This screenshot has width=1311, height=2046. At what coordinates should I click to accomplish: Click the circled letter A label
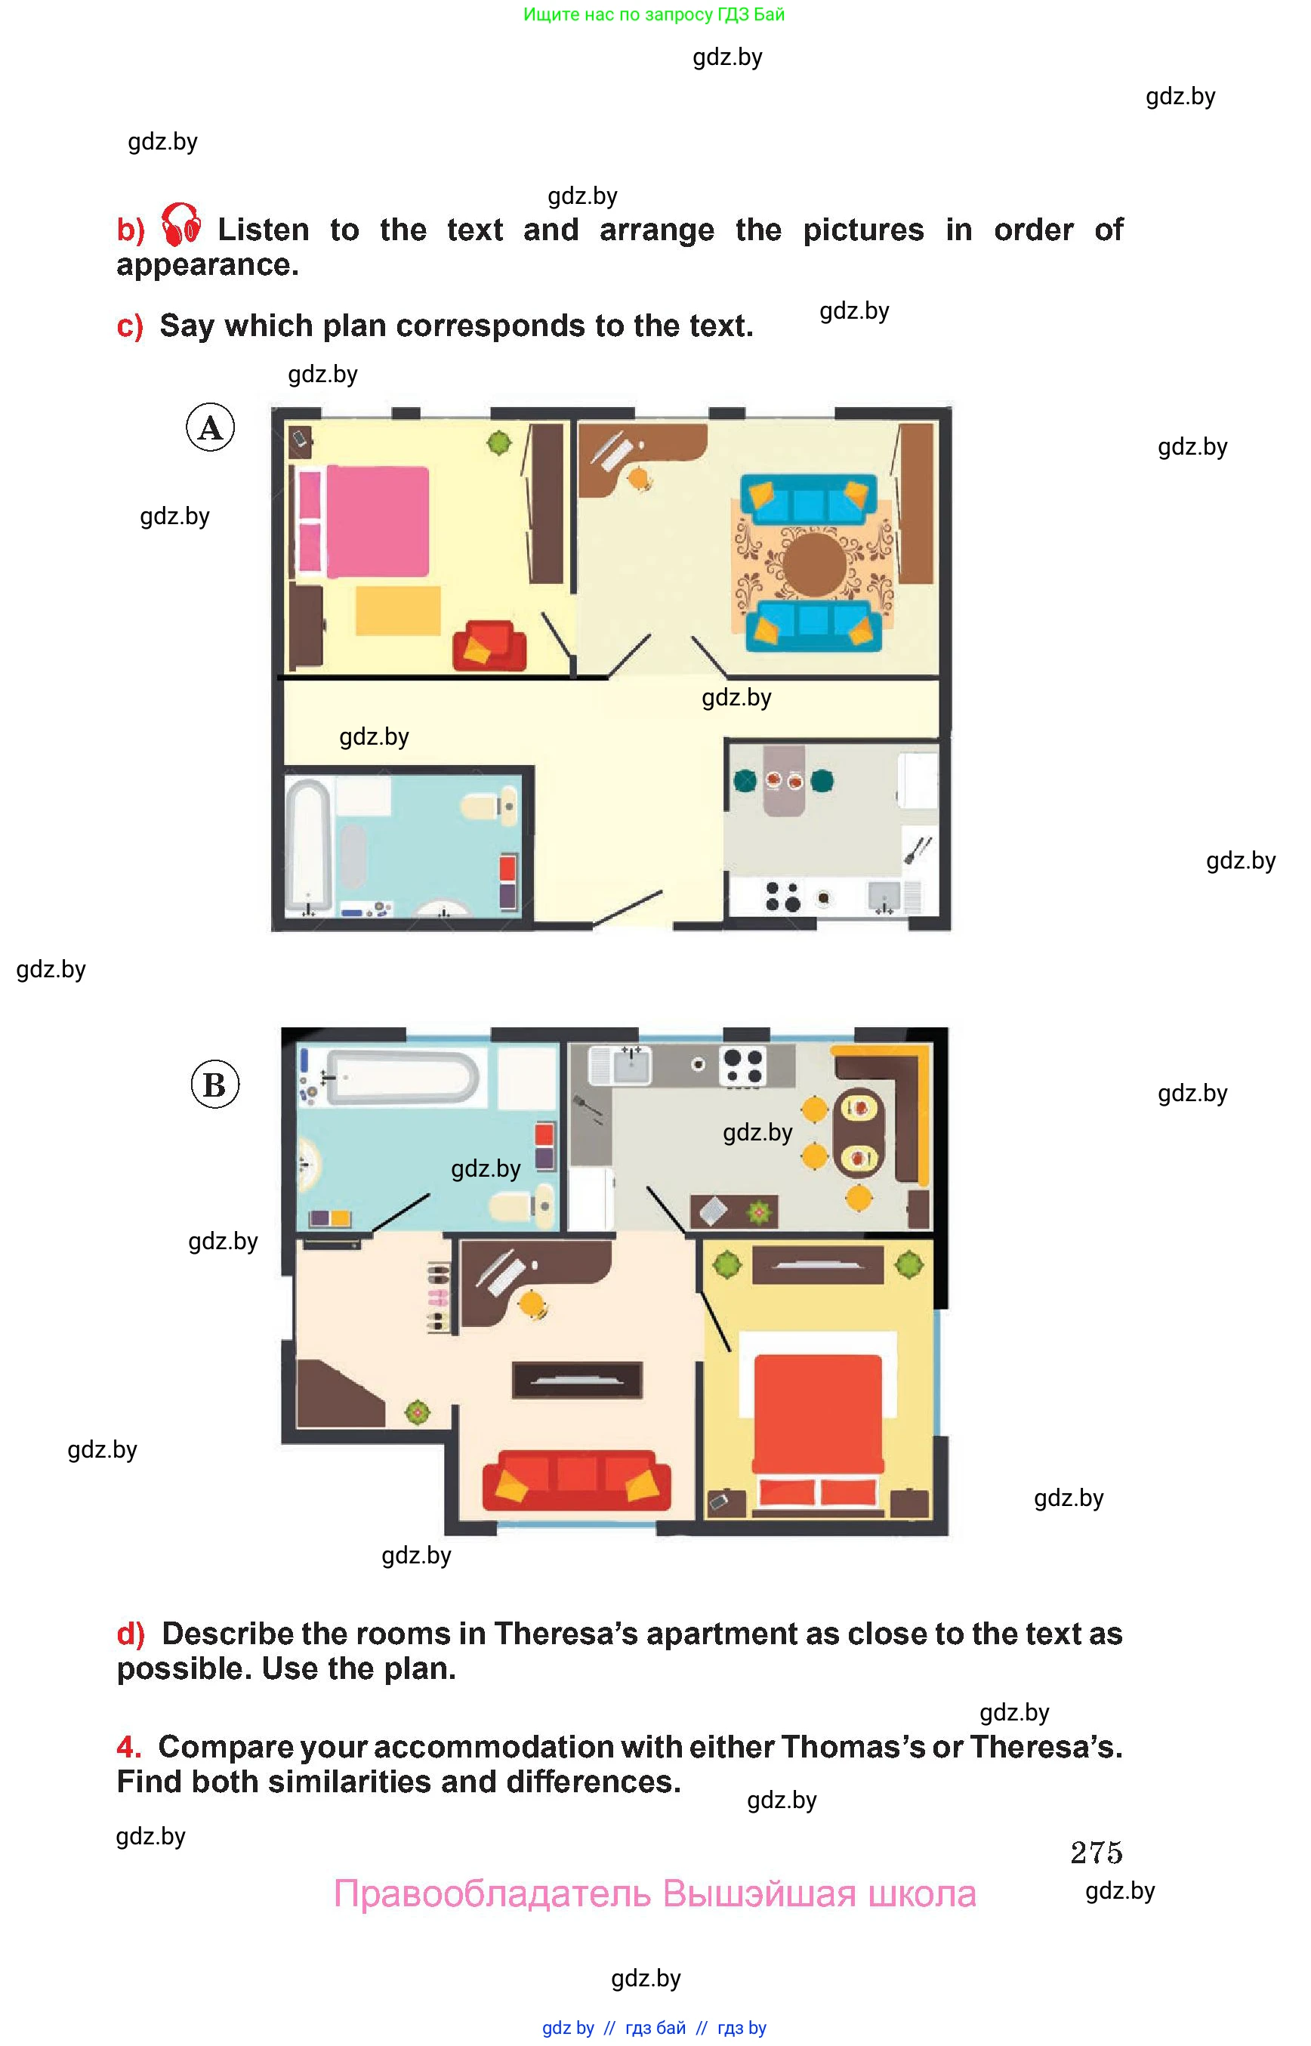(x=210, y=427)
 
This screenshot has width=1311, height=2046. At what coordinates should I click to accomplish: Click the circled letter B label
(x=214, y=1084)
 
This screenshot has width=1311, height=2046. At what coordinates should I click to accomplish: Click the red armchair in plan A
(x=489, y=647)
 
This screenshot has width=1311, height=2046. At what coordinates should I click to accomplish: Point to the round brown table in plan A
(x=815, y=563)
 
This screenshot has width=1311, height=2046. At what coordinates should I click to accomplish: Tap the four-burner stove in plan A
(x=782, y=896)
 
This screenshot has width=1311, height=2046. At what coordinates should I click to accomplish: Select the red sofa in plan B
(x=576, y=1480)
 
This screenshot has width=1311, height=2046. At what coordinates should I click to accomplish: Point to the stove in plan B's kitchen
(x=742, y=1066)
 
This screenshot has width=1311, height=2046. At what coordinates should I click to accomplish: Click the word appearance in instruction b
(x=208, y=266)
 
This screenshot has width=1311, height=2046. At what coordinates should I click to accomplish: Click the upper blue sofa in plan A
(x=809, y=500)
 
